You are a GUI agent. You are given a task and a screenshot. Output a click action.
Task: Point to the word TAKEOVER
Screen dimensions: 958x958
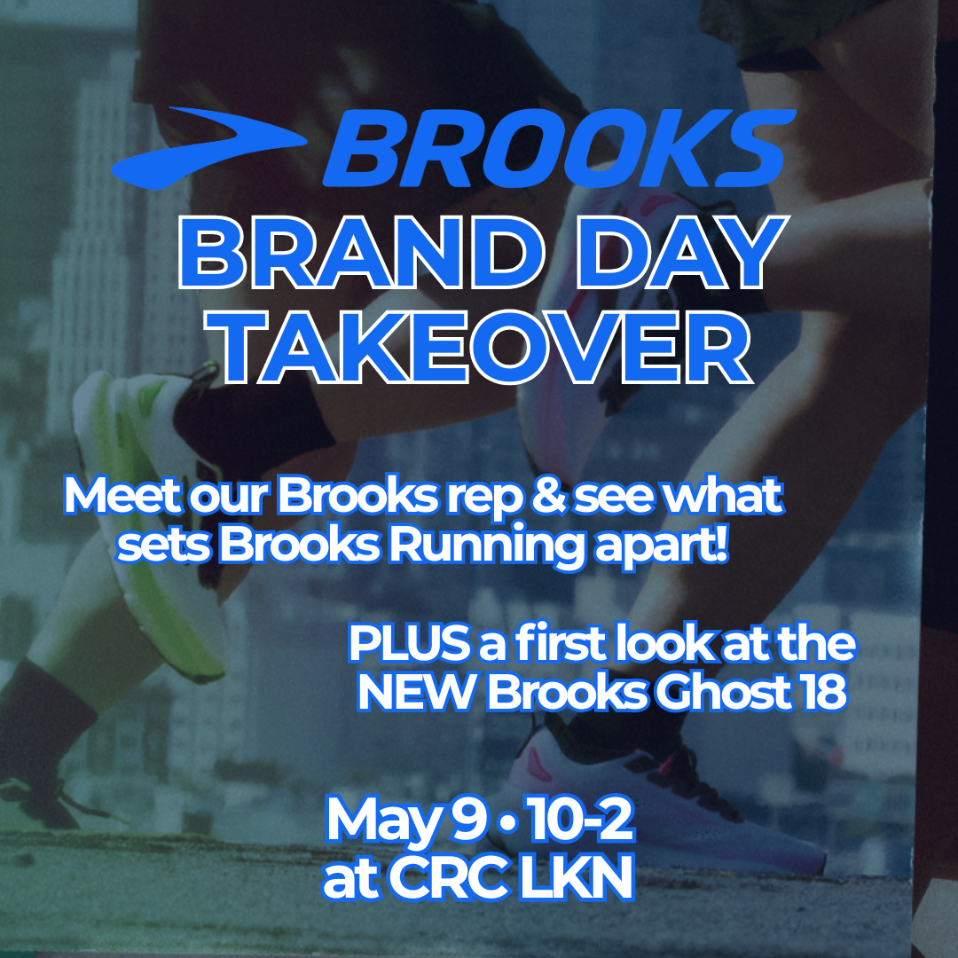[483, 349]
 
